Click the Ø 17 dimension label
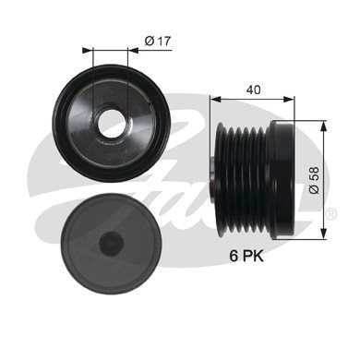158,41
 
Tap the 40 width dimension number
254,90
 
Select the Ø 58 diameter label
314,180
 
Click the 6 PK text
246,256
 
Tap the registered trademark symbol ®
331,213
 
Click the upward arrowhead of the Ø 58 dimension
323,126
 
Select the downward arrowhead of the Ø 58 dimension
323,234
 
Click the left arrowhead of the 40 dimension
216,99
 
